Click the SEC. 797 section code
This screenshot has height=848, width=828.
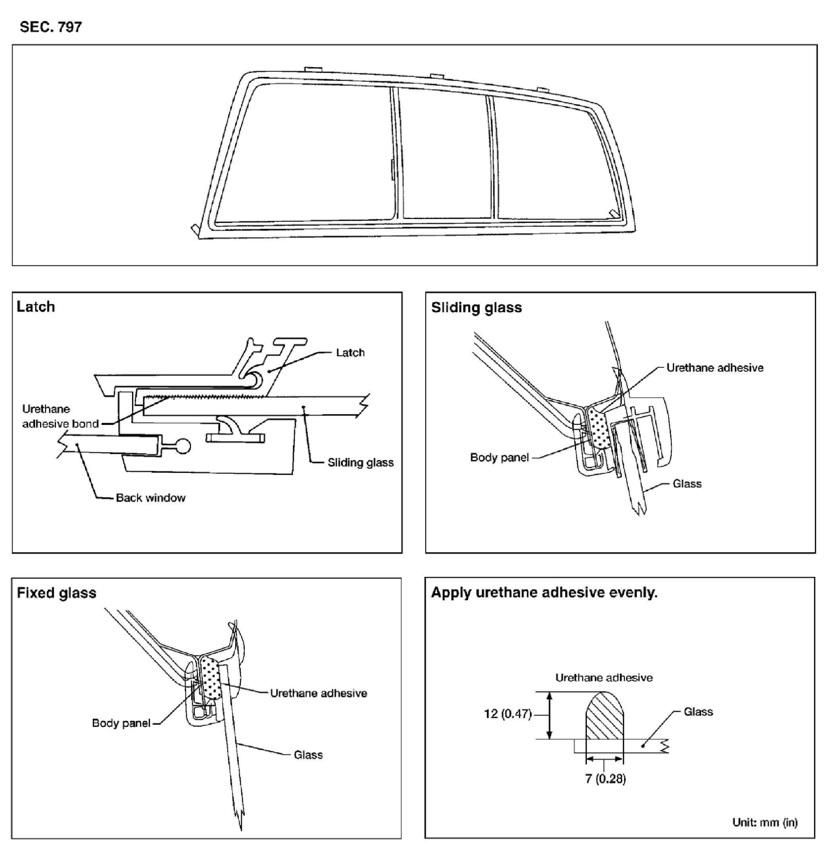tap(50, 27)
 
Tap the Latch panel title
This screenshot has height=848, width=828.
tap(36, 307)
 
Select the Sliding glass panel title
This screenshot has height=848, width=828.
tap(476, 308)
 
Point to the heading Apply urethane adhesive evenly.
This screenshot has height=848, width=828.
tap(544, 592)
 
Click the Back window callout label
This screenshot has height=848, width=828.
tap(150, 498)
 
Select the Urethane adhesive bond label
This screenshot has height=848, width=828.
tap(60, 416)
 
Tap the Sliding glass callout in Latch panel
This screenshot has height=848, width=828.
tap(360, 463)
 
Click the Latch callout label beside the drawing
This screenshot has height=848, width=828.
tap(350, 352)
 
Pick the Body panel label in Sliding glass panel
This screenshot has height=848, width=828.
tap(499, 457)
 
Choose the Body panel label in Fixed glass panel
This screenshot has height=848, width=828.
tap(121, 723)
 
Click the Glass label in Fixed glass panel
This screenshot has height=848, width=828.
tap(308, 755)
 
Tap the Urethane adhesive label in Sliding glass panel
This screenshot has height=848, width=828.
tap(715, 368)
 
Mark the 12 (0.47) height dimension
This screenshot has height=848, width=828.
tap(508, 714)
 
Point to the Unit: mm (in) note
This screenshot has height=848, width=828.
tap(765, 822)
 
